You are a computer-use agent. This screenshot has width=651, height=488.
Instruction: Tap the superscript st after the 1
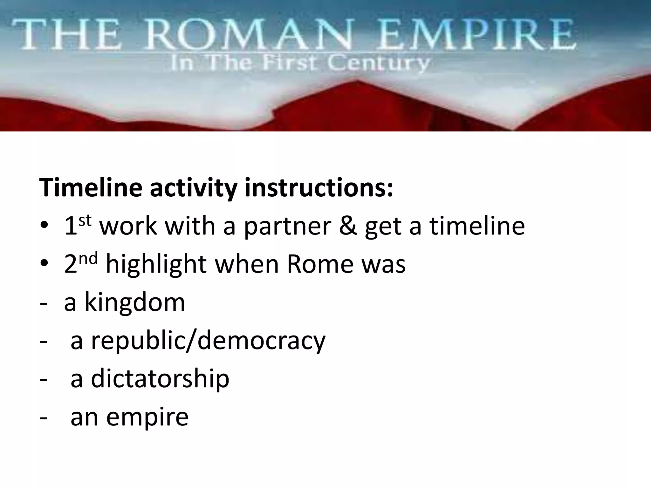[85, 220]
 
